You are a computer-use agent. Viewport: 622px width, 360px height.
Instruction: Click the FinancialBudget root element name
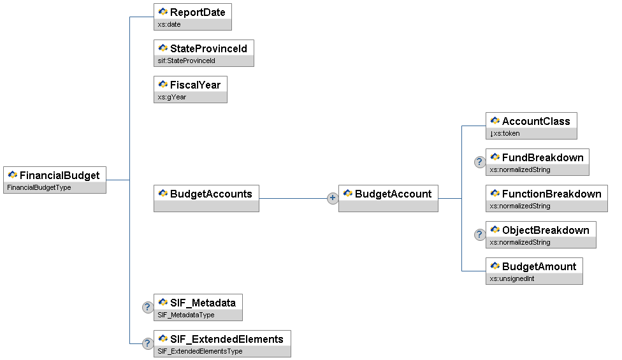pyautogui.click(x=59, y=175)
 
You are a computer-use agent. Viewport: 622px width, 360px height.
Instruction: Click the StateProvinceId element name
pyautogui.click(x=208, y=49)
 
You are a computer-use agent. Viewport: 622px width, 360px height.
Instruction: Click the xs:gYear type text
pyautogui.click(x=172, y=97)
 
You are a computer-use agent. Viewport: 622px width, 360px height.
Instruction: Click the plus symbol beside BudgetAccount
pyautogui.click(x=332, y=198)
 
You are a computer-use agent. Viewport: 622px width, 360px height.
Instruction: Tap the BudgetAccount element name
pyautogui.click(x=393, y=194)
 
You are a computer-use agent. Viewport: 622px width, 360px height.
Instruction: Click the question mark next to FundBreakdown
pyautogui.click(x=480, y=162)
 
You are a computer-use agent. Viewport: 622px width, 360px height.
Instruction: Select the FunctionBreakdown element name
pyautogui.click(x=551, y=194)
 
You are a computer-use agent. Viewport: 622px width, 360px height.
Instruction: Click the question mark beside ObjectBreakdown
pyautogui.click(x=480, y=234)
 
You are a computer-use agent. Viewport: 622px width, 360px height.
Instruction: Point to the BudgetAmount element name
pyautogui.click(x=539, y=266)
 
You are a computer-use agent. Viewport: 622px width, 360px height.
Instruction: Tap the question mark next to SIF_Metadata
pyautogui.click(x=148, y=307)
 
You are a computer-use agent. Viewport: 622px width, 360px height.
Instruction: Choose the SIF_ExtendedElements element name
pyautogui.click(x=226, y=339)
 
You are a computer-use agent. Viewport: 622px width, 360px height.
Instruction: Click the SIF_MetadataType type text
pyautogui.click(x=185, y=315)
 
